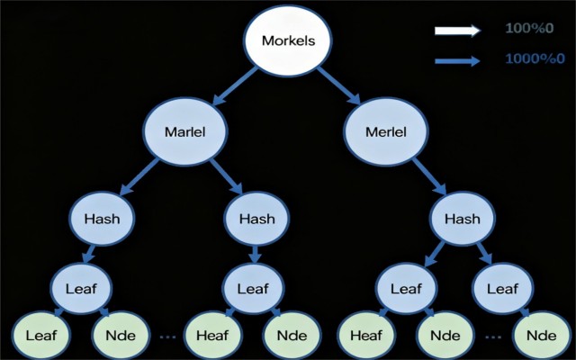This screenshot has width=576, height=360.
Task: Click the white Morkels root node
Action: pos(288,40)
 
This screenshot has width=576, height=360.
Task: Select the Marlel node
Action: pos(185,131)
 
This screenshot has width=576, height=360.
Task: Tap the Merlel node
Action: pos(386,131)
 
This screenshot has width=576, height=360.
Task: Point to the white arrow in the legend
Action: pos(457,31)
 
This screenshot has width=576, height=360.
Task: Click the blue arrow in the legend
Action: pos(457,60)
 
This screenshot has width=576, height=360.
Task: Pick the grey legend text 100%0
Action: pos(529,28)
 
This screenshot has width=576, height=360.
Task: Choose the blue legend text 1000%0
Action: pos(535,58)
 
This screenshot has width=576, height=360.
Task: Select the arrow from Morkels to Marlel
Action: pos(235,86)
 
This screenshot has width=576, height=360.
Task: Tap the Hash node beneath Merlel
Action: pos(463,219)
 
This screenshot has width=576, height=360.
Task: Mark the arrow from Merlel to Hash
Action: pos(429,176)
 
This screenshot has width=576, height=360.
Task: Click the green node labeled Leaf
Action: pos(41,335)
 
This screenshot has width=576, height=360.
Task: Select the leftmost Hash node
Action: pos(102,219)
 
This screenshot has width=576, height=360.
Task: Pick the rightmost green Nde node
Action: pos(542,335)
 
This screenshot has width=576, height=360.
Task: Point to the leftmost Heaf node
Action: pos(212,335)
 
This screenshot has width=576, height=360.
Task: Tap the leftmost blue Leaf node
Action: pos(81,289)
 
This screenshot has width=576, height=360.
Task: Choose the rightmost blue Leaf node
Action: pos(502,289)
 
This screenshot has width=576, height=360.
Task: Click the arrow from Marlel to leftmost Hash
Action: pos(139,176)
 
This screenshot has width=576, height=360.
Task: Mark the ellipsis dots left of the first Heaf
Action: pos(168,336)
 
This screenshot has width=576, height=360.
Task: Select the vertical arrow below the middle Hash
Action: pos(255,254)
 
